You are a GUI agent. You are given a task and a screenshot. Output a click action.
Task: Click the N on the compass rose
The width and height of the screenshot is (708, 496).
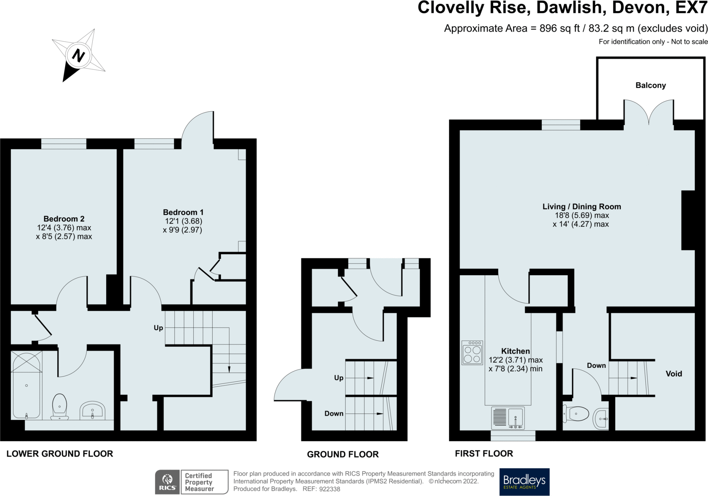(x=79, y=55)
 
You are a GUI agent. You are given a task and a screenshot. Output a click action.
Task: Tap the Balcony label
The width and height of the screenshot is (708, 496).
(x=651, y=85)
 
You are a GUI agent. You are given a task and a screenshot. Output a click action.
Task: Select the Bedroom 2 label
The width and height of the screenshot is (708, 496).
(x=64, y=219)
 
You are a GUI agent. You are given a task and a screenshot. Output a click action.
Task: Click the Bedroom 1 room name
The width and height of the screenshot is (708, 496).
(x=183, y=212)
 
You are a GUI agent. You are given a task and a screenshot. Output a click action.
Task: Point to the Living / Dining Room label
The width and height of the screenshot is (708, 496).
(x=582, y=207)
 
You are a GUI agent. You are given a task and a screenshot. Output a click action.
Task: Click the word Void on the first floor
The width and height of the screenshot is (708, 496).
(x=674, y=374)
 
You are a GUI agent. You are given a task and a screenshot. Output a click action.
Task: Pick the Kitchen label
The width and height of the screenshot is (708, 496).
(x=515, y=351)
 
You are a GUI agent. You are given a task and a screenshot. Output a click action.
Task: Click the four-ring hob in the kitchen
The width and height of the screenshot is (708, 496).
(x=472, y=353)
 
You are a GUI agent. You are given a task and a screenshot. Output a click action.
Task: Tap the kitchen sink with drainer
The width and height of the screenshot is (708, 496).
(x=508, y=418)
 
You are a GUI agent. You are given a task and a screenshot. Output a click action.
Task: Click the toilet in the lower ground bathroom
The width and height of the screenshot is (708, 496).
(x=59, y=407)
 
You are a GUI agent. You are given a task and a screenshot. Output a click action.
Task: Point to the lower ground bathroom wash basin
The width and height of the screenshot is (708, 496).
(x=92, y=410)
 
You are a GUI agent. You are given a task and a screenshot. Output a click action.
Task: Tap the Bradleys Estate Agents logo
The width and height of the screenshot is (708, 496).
(x=524, y=482)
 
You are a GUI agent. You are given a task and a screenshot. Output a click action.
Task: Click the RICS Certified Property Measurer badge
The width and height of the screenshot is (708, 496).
(x=192, y=482)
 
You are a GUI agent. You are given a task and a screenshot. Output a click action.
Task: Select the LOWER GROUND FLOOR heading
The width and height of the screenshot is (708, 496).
(x=60, y=454)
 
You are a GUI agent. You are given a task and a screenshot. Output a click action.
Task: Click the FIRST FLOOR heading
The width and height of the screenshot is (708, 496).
(x=484, y=453)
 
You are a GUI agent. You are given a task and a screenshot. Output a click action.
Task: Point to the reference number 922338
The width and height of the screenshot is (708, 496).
(x=329, y=489)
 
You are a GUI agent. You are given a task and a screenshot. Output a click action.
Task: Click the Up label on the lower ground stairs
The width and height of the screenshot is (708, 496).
(x=158, y=328)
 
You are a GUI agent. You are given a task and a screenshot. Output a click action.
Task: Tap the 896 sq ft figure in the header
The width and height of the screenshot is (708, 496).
(x=560, y=28)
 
